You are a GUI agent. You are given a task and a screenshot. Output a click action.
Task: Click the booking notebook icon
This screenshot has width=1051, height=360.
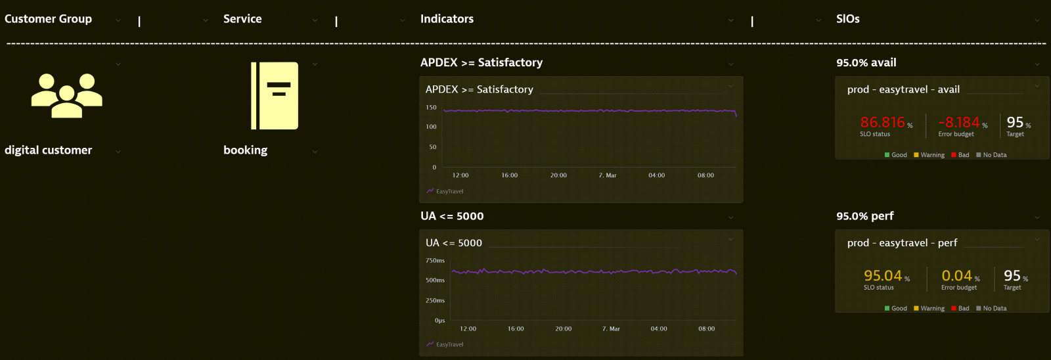(275, 96)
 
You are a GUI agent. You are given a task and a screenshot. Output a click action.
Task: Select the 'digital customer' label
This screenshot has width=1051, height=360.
(48, 150)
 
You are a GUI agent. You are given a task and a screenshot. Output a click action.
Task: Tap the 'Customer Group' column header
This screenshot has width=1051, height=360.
(48, 19)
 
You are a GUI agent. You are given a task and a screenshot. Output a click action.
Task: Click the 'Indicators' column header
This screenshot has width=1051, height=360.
(447, 19)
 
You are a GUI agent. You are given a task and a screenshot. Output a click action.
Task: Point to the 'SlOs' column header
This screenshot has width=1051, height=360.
(847, 19)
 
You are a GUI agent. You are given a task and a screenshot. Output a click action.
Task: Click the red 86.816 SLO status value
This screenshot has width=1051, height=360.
(882, 122)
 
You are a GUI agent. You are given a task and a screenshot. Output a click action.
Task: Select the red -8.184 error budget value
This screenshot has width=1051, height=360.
(958, 122)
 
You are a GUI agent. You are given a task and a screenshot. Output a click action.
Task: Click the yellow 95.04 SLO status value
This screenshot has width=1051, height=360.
(882, 276)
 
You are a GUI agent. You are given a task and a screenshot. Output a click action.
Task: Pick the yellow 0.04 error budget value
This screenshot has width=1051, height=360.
(956, 276)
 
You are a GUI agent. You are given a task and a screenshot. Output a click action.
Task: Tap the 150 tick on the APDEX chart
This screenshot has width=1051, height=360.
(431, 107)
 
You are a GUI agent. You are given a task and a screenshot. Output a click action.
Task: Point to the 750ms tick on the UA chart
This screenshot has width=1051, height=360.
(435, 261)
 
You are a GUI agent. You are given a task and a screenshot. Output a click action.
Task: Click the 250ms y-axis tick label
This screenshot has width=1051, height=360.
(435, 301)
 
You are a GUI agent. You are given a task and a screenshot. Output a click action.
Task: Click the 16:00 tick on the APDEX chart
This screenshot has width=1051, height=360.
(509, 175)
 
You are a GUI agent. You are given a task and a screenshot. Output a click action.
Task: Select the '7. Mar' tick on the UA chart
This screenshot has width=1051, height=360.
(611, 329)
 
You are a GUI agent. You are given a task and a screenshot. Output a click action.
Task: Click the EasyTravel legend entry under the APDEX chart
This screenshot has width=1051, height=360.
(449, 192)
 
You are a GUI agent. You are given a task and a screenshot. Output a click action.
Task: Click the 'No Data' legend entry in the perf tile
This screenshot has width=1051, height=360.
(995, 309)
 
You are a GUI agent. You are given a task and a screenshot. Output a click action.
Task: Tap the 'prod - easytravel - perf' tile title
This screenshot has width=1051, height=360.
(902, 243)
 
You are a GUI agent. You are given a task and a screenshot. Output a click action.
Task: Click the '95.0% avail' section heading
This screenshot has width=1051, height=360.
(866, 63)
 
